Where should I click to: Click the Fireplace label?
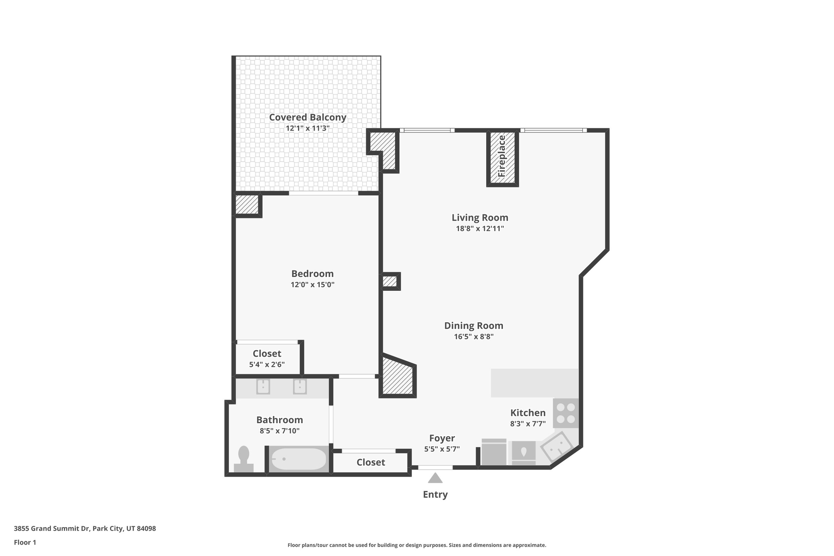pyautogui.click(x=502, y=156)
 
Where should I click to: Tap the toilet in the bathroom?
pyautogui.click(x=244, y=459)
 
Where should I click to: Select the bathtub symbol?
pyautogui.click(x=298, y=459)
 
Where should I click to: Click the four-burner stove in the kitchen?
pyautogui.click(x=566, y=413)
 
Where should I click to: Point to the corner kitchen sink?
pyautogui.click(x=557, y=447)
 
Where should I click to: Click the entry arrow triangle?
pyautogui.click(x=435, y=478)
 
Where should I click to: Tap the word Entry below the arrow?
pyautogui.click(x=435, y=494)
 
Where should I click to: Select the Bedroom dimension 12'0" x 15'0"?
pyautogui.click(x=312, y=285)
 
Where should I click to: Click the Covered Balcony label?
pyautogui.click(x=307, y=117)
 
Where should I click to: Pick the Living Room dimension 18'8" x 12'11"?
pyautogui.click(x=480, y=229)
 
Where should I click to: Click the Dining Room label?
pyautogui.click(x=474, y=326)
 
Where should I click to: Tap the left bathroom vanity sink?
pyautogui.click(x=263, y=387)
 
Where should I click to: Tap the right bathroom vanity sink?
pyautogui.click(x=300, y=387)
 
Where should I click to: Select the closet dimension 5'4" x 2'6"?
pyautogui.click(x=267, y=365)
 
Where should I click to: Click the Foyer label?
pyautogui.click(x=442, y=438)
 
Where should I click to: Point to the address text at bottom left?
pyautogui.click(x=85, y=529)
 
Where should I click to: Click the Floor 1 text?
pyautogui.click(x=25, y=543)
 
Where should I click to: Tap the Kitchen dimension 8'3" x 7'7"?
pyautogui.click(x=528, y=424)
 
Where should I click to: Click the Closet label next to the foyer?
pyautogui.click(x=371, y=462)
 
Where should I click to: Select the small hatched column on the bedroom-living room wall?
pyautogui.click(x=390, y=281)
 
